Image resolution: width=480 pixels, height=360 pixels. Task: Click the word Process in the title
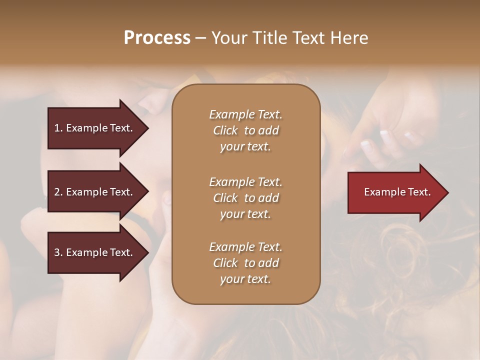[157, 38]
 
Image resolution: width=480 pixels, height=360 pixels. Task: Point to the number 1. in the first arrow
[58, 128]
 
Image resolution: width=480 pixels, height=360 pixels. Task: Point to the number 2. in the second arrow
[58, 192]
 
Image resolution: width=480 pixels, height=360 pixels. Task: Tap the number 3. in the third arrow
[58, 252]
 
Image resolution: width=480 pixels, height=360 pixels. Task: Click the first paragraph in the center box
[245, 130]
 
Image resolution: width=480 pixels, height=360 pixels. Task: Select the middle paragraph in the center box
[245, 198]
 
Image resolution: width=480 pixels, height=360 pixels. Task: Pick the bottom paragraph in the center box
[245, 263]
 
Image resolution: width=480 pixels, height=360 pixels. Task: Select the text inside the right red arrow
[397, 192]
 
